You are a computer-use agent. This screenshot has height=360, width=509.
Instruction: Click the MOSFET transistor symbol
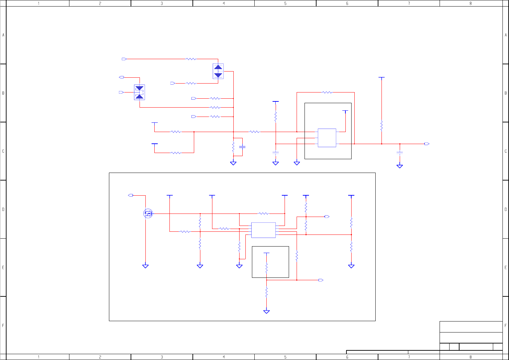(x=148, y=214)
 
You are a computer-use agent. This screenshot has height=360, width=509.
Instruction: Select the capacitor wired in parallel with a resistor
(x=242, y=147)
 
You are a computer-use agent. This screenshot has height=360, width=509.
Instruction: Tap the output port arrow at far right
(x=427, y=144)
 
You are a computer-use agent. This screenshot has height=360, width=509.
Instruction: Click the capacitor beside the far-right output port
(x=399, y=153)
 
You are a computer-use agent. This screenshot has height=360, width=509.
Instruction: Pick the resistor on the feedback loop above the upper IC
(x=327, y=92)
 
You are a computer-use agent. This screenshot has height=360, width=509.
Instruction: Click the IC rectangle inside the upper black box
(x=327, y=138)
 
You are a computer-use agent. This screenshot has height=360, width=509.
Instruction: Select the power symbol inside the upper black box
(x=345, y=111)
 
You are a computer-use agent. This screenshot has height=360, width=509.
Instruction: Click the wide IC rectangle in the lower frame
(x=263, y=230)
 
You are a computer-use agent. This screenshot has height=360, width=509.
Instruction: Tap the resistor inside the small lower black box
(x=266, y=268)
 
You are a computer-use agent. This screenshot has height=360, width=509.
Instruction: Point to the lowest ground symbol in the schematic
(x=266, y=312)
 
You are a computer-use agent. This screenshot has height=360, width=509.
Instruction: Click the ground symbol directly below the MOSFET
(x=145, y=266)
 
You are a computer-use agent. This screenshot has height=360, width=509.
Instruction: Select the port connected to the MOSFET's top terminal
(x=131, y=195)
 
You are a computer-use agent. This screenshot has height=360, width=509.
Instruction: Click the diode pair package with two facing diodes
(x=140, y=92)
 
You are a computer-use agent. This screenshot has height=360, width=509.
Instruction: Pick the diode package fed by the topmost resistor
(x=218, y=71)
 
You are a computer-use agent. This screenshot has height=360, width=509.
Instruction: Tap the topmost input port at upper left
(x=124, y=59)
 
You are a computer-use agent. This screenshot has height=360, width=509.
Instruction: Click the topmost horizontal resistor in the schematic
(x=191, y=59)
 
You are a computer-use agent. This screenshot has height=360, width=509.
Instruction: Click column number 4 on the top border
(x=224, y=3)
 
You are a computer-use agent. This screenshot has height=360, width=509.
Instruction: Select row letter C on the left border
(x=3, y=151)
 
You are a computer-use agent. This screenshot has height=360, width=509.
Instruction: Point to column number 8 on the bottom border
(x=471, y=357)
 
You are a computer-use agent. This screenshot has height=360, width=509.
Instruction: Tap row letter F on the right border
(x=506, y=325)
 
